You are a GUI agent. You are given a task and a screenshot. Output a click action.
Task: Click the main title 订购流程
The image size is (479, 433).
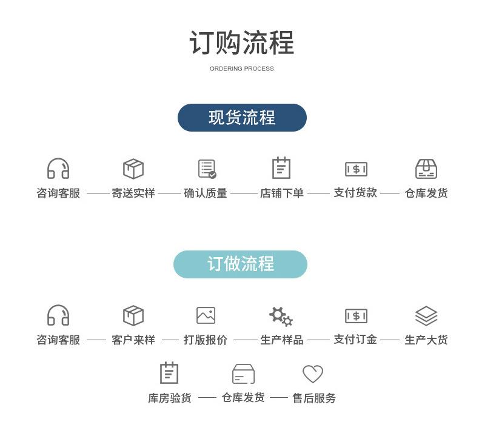tap(242, 43)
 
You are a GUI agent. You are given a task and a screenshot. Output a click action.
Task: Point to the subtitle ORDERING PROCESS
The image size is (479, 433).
tap(242, 69)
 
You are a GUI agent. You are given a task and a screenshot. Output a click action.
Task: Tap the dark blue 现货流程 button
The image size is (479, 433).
tap(242, 118)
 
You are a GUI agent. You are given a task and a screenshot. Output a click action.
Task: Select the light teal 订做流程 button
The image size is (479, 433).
tap(241, 264)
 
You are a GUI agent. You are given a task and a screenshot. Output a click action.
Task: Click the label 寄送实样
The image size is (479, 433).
tap(133, 193)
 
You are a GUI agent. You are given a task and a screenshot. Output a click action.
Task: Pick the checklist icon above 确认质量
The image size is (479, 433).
tap(207, 169)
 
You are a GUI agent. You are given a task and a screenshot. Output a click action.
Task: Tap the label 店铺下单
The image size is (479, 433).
tap(282, 193)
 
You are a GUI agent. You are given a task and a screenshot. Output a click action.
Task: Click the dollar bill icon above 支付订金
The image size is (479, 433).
tap(356, 316)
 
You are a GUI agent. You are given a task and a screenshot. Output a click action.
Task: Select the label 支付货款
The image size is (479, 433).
tap(355, 193)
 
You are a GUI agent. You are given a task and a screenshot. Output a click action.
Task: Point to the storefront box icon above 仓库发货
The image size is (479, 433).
tap(426, 169)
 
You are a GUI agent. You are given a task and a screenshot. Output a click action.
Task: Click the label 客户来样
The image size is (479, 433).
tap(133, 340)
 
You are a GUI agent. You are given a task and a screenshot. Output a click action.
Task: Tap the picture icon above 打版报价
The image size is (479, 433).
tap(206, 315)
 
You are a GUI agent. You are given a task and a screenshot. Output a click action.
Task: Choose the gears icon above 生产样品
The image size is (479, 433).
tap(281, 317)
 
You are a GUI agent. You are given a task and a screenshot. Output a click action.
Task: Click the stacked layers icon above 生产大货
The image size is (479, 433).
tap(426, 316)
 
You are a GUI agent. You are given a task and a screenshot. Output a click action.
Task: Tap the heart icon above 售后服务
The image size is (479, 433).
tap(312, 374)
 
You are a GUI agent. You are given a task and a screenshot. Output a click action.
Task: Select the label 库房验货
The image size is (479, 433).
tap(170, 398)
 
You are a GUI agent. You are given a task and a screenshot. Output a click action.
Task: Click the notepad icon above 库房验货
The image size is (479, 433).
tap(169, 373)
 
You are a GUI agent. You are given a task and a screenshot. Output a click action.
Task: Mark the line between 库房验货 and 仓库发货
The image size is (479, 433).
tap(207, 398)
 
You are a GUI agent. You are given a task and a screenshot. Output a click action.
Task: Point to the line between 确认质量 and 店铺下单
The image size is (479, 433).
tap(244, 193)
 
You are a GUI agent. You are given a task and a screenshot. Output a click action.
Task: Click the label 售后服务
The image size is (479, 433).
tap(314, 398)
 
